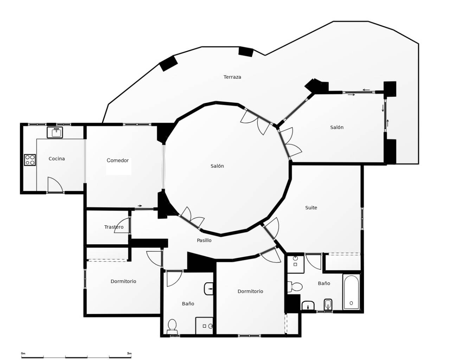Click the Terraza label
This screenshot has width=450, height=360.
[232, 77]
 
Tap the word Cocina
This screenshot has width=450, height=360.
[57, 159]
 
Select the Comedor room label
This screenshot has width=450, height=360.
[117, 160]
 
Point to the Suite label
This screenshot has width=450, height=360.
[311, 208]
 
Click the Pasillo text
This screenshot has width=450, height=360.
[204, 240]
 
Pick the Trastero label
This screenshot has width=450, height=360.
[114, 227]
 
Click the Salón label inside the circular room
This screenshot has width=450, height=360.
[217, 166]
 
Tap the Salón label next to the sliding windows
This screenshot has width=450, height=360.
[336, 127]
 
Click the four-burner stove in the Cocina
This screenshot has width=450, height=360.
[30, 160]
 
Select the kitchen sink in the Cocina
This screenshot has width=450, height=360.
[55, 133]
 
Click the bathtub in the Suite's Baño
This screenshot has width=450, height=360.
[351, 292]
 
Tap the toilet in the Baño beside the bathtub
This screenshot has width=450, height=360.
[295, 287]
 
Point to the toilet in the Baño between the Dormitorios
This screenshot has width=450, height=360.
[172, 326]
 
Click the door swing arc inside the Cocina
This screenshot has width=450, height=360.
[55, 185]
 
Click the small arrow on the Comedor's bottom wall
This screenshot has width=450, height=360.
[140, 206]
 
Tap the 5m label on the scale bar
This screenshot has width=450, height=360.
[129, 353]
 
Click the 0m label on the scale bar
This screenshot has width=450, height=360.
[23, 353]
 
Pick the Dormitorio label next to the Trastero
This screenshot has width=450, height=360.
[123, 281]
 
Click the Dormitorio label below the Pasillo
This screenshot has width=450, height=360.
[250, 291]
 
